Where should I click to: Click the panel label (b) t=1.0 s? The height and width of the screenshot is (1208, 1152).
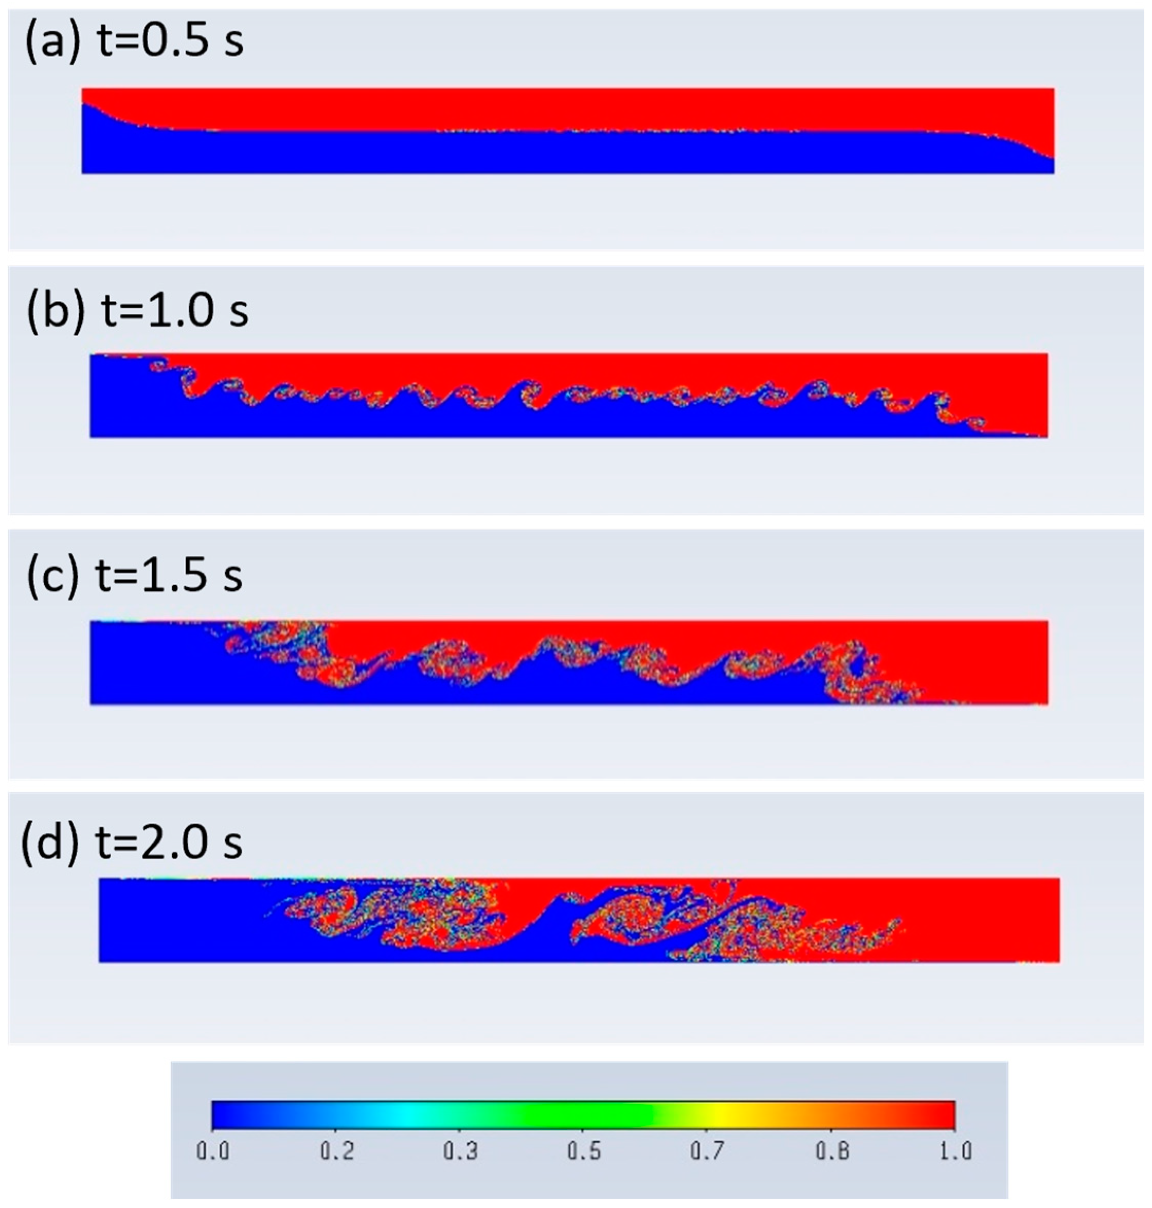[137, 311]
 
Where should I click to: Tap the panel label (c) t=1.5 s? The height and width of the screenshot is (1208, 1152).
[134, 576]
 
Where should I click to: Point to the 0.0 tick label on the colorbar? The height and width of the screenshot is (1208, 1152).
[212, 1151]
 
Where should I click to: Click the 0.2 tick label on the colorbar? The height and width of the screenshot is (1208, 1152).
[337, 1151]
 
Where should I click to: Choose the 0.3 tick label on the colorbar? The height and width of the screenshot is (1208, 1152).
[461, 1151]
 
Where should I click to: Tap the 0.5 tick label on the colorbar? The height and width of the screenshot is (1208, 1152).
[584, 1151]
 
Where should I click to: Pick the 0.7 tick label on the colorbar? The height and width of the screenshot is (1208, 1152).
[708, 1151]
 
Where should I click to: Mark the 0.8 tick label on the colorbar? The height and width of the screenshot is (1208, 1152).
[832, 1151]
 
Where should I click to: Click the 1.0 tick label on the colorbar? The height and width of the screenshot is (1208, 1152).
[956, 1151]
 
